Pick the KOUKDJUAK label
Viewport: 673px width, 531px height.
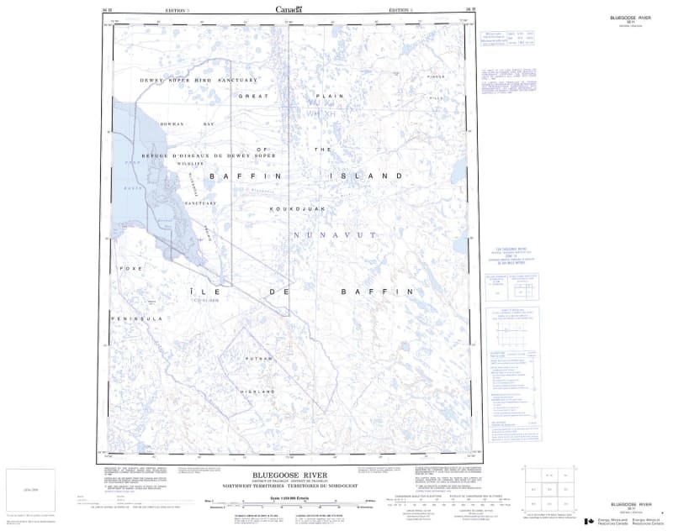(x=291, y=207)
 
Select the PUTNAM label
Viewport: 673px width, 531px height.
(x=255, y=358)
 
